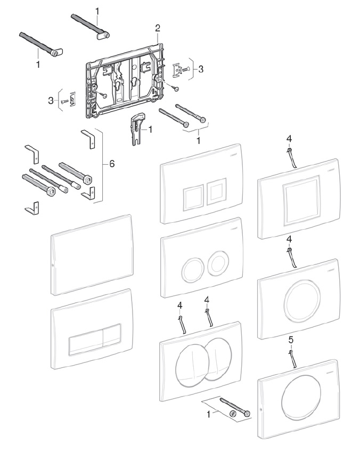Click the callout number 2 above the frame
[x=158, y=27]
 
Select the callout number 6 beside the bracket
[x=112, y=164]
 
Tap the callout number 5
[x=290, y=339]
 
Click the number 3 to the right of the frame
[x=201, y=69]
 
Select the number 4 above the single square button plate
[x=289, y=139]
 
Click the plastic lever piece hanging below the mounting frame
[x=136, y=128]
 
